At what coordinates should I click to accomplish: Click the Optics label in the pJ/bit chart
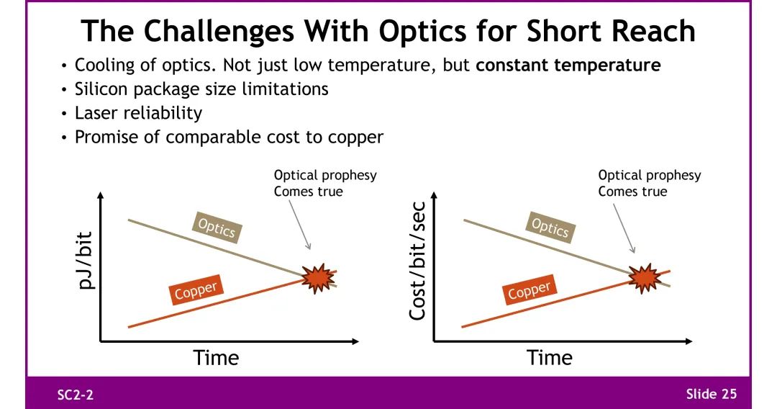(217, 228)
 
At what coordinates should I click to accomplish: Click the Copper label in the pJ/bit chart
(196, 289)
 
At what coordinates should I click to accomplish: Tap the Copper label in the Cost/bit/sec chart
(530, 289)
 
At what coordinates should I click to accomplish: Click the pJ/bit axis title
(86, 260)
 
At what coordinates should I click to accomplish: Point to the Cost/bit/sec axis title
(417, 260)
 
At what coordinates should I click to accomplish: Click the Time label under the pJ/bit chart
(216, 357)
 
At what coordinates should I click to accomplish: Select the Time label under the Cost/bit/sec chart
(549, 357)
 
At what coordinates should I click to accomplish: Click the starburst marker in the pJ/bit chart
(318, 278)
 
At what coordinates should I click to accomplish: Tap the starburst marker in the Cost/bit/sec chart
(645, 278)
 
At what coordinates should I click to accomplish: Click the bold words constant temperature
(568, 66)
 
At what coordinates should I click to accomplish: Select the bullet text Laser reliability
(138, 113)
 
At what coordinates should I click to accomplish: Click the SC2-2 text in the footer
(76, 395)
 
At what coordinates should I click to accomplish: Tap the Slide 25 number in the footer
(711, 394)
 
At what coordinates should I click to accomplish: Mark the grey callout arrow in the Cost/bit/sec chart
(624, 228)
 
